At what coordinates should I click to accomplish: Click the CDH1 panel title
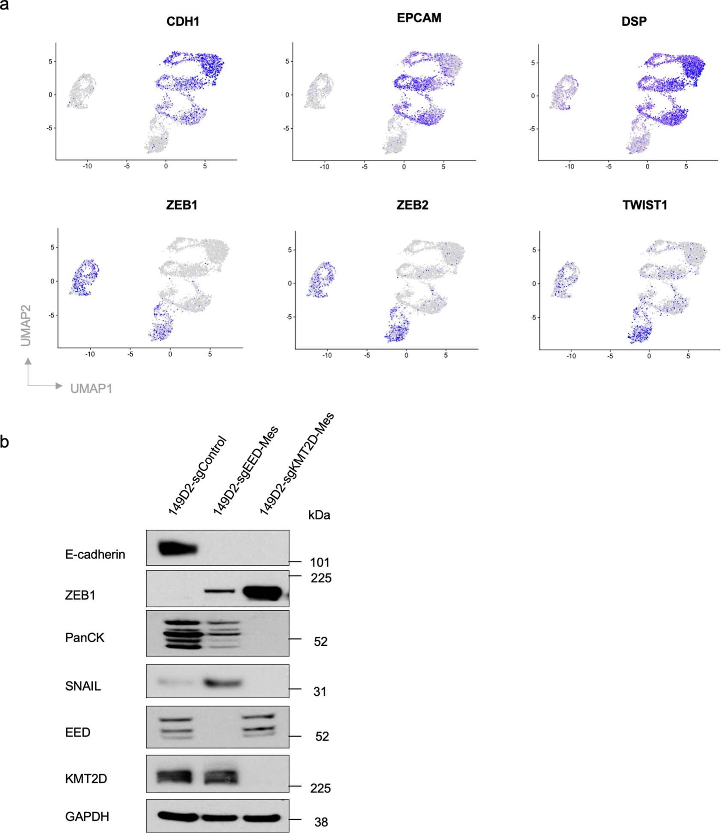(183, 21)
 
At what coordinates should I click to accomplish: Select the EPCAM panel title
(419, 18)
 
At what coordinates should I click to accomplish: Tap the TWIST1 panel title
(644, 205)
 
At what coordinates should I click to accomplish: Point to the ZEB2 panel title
(412, 205)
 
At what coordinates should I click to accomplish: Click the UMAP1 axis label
(91, 388)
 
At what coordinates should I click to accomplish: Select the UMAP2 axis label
(26, 325)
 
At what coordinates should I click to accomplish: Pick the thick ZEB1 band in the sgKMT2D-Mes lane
(263, 592)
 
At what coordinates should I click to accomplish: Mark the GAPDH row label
(87, 816)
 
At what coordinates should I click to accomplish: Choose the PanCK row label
(85, 638)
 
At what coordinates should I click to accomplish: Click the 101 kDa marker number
(319, 562)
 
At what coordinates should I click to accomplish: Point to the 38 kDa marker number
(321, 822)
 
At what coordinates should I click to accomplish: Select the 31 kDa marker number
(320, 691)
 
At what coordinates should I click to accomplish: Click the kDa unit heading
(319, 515)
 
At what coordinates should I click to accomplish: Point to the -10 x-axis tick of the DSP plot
(569, 167)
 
